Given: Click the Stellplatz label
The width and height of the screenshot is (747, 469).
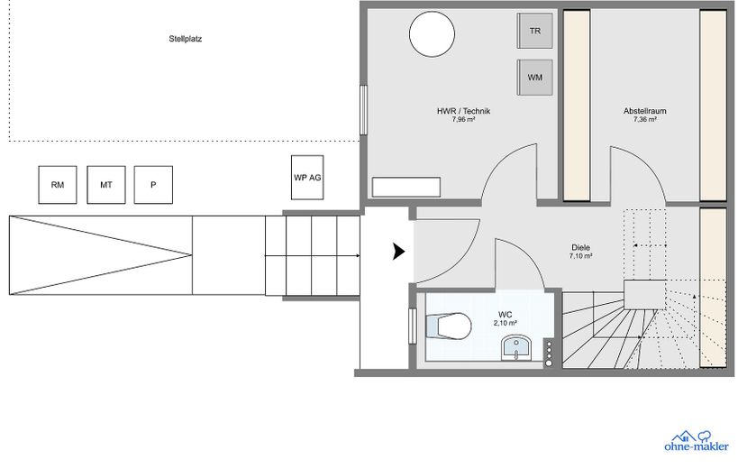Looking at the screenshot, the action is pos(186,39).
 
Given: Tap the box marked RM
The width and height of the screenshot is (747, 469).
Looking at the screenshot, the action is pos(57,185).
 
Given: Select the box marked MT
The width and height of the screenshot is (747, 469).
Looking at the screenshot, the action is pos(105,185).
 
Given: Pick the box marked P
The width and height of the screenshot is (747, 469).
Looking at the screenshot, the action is pos(153,185).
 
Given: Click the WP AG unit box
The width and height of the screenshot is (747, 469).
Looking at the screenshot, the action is pos(307,178).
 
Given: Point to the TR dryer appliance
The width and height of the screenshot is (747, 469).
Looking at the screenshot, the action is pos(535,31).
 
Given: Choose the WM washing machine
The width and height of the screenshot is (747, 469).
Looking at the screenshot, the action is pos(535,78).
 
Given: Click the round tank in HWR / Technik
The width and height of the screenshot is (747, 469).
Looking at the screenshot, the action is pos(433,34).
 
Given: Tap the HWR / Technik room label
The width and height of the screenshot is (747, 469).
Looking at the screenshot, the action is pos(463,111).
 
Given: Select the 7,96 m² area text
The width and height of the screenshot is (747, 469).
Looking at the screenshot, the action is pos(463,120).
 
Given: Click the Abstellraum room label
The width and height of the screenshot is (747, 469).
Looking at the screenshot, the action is pos(645,111).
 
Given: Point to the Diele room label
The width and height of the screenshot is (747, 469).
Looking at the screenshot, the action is pos(580,248).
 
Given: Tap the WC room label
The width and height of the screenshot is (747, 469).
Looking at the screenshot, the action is pos(505,315).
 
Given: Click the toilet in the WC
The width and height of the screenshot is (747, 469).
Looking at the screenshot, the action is pos(449,326).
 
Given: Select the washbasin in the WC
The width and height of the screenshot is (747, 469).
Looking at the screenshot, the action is pos(516,347).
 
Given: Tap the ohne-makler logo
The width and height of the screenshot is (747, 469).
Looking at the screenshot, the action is pos(697,441).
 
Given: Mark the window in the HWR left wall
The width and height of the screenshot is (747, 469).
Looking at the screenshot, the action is pos(363,110).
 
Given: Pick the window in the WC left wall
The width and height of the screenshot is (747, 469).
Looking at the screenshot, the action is pos(413,326).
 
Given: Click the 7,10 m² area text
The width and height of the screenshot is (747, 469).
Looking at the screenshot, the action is pos(580,256).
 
